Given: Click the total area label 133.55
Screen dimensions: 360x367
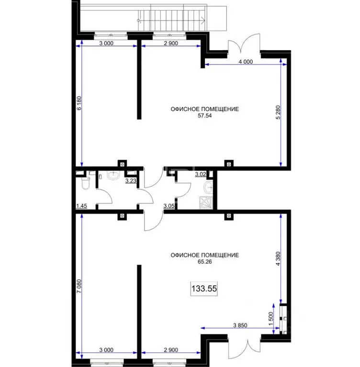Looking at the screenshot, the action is [x=204, y=289].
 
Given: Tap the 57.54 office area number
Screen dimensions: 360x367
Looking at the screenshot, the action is [x=205, y=116].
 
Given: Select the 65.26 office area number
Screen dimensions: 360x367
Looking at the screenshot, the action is [x=205, y=262].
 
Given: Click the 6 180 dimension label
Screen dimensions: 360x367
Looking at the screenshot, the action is [x=79, y=103].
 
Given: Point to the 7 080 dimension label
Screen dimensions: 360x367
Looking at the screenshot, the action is [x=79, y=286].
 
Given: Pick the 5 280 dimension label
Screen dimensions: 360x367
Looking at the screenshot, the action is [x=278, y=112].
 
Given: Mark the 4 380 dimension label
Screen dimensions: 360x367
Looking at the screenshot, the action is [x=278, y=258].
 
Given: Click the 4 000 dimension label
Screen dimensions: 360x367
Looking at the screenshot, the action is [x=246, y=62].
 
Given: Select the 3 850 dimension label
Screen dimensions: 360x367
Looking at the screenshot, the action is [x=240, y=325].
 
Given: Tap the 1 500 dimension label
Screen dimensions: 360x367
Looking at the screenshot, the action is [x=271, y=319].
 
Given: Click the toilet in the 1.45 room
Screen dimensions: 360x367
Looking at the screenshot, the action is [x=85, y=183].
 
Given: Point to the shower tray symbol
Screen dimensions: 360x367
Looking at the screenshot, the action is [x=205, y=203].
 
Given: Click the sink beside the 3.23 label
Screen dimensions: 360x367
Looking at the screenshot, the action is [x=113, y=175].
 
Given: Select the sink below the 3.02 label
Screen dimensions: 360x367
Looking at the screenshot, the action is [x=208, y=187].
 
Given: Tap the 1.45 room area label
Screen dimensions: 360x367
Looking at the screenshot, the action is [x=81, y=206].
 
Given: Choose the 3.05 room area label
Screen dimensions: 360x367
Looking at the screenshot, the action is [x=169, y=206].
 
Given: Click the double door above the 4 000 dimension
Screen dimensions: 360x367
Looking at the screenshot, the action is [x=244, y=44].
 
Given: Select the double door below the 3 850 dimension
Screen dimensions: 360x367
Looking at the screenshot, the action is [x=244, y=348].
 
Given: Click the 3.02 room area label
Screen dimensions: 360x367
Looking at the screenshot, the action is [x=201, y=174].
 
